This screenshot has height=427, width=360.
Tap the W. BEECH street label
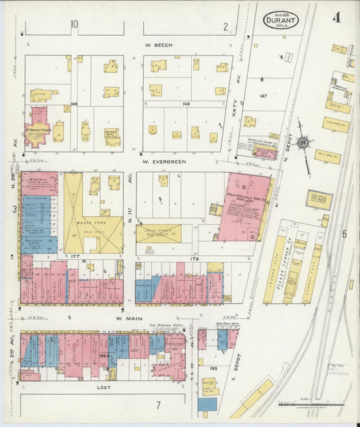click(159, 45)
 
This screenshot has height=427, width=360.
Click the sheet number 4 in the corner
click(336, 17)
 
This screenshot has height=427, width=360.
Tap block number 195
click(213, 368)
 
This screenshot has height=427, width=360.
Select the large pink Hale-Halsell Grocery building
click(245, 206)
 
